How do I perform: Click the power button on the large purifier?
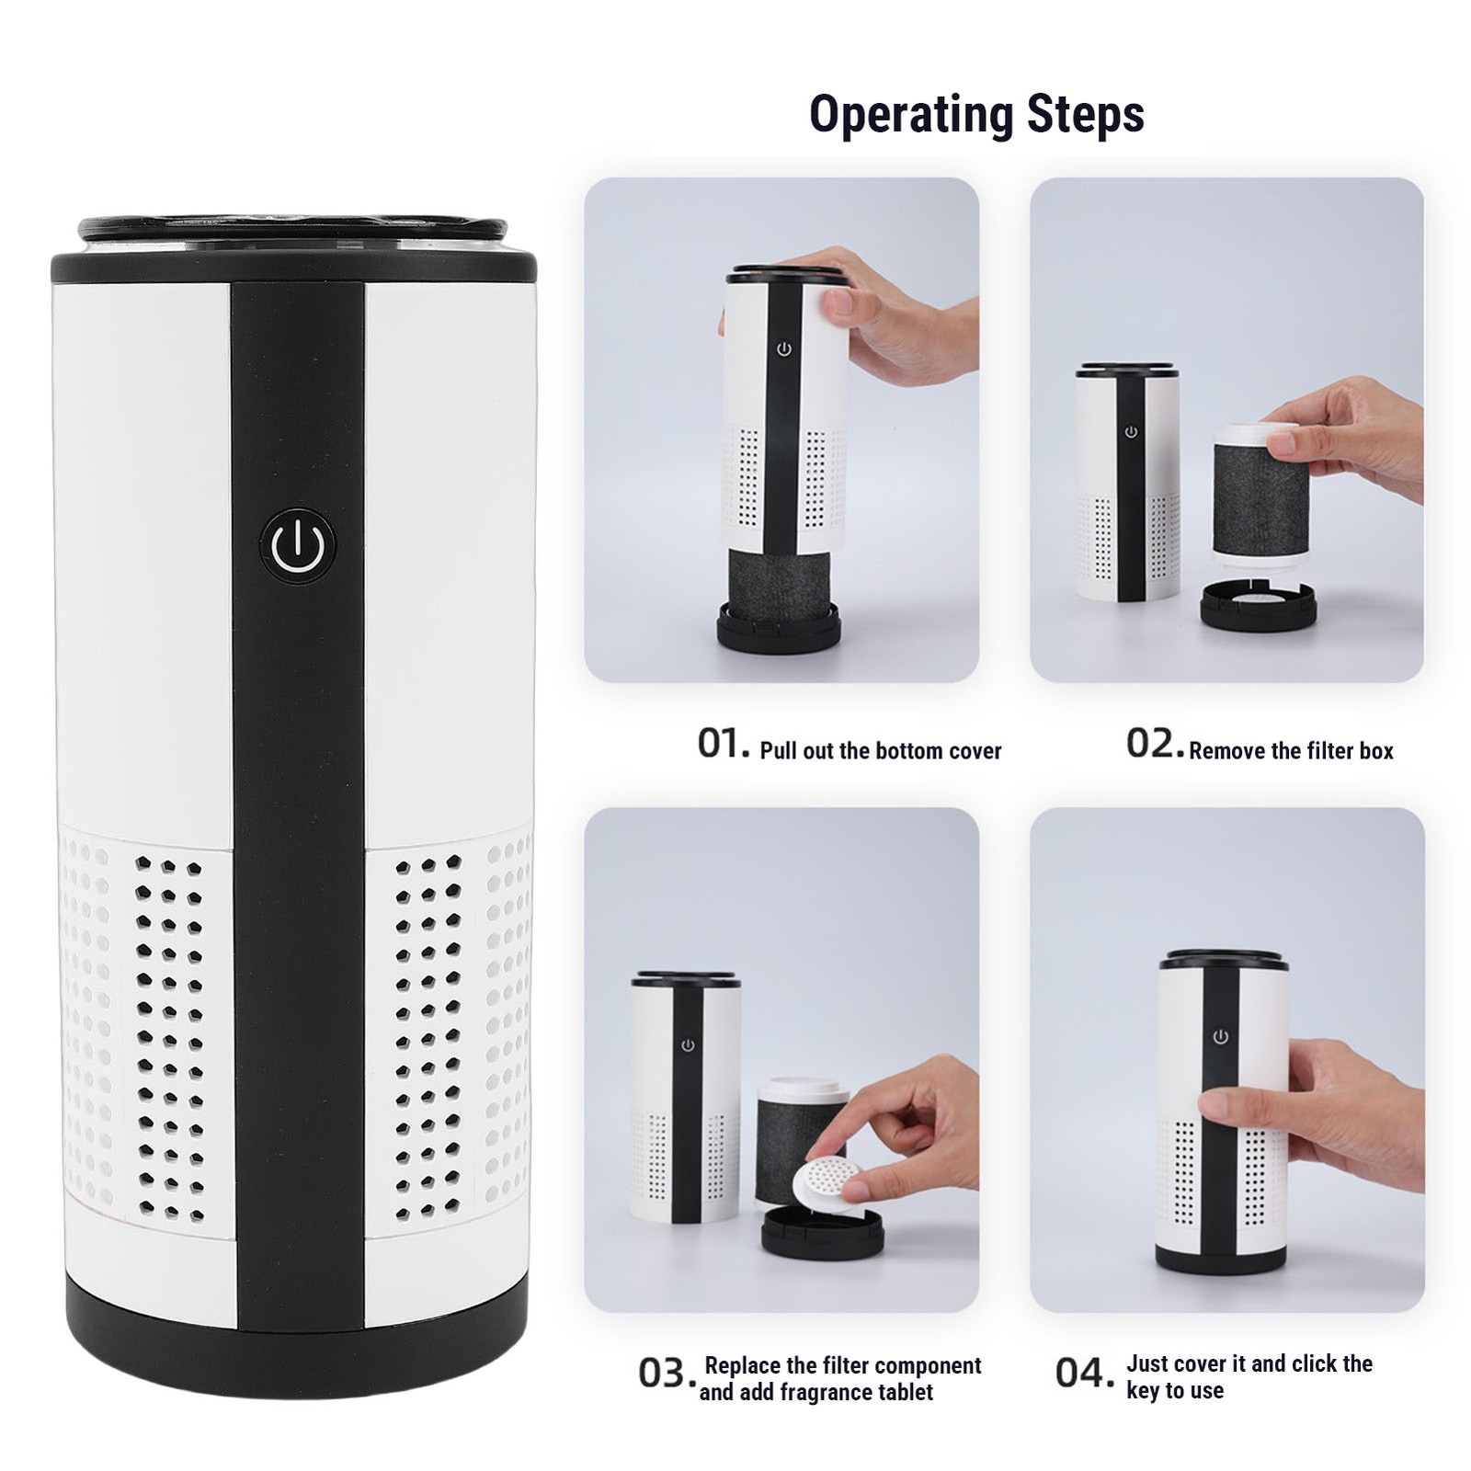point(297,546)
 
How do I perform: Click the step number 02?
point(1154,744)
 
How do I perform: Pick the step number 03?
point(667,1374)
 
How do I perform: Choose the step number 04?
point(1084,1373)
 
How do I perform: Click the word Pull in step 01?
point(780,751)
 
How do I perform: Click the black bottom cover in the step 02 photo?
point(1259,604)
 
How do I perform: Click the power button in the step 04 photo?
point(1220,1037)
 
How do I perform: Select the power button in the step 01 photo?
point(784,349)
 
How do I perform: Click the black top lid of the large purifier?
point(293,250)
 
